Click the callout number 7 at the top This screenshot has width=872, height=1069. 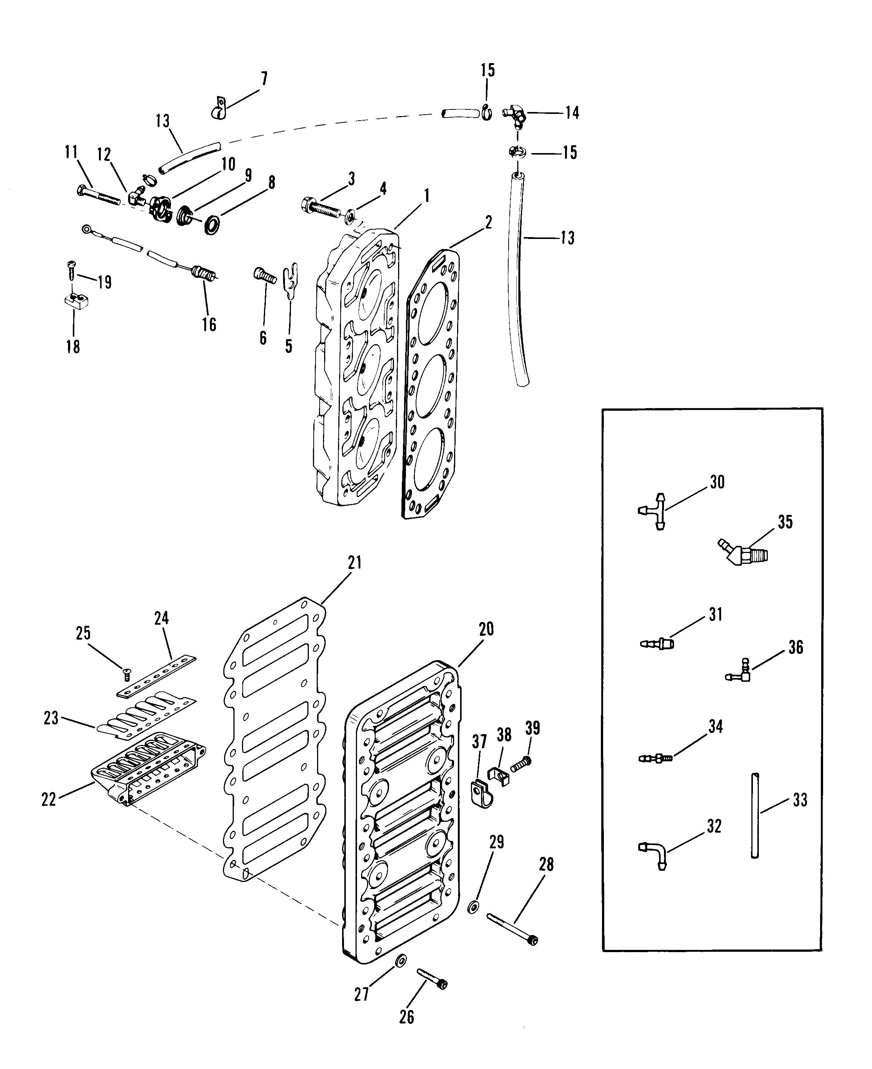[x=264, y=78]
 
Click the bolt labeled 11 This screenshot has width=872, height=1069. [x=99, y=195]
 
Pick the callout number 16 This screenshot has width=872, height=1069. [x=209, y=324]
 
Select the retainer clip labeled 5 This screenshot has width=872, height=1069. [x=290, y=281]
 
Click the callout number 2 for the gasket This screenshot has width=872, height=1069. [x=488, y=222]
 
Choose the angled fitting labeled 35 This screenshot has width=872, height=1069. [x=742, y=553]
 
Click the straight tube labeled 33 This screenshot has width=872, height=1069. [x=754, y=815]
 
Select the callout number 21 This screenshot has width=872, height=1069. [x=355, y=563]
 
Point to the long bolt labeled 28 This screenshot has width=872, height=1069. [x=512, y=930]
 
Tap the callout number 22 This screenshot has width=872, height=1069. [x=49, y=799]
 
